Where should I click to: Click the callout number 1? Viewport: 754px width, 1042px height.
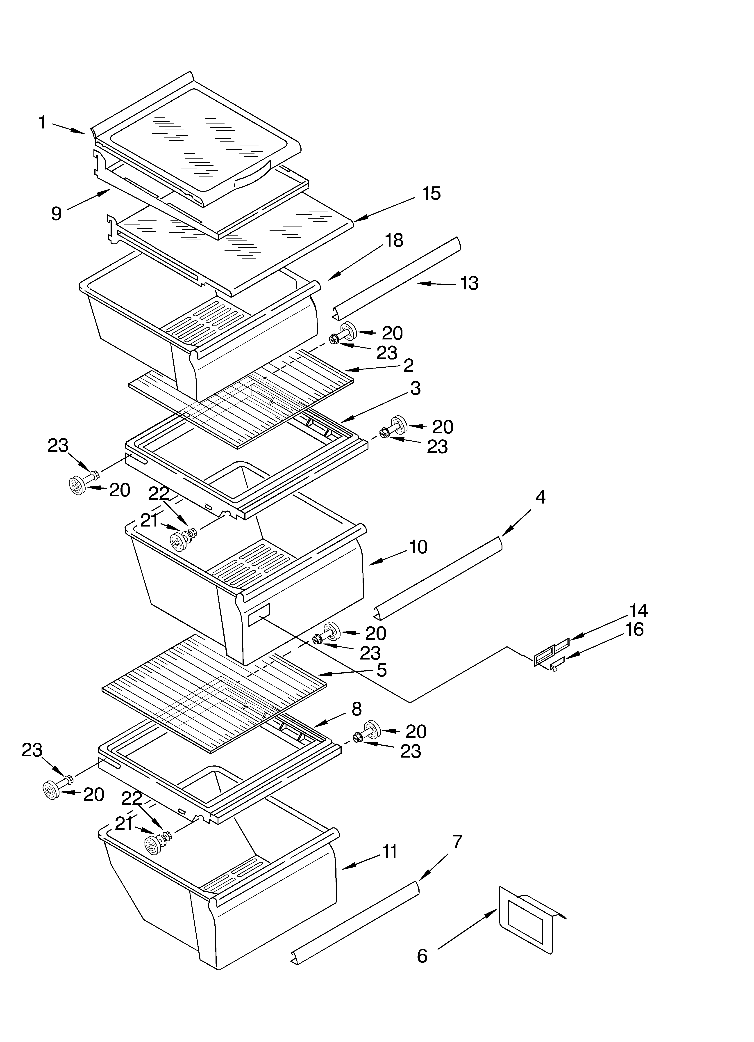(42, 123)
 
